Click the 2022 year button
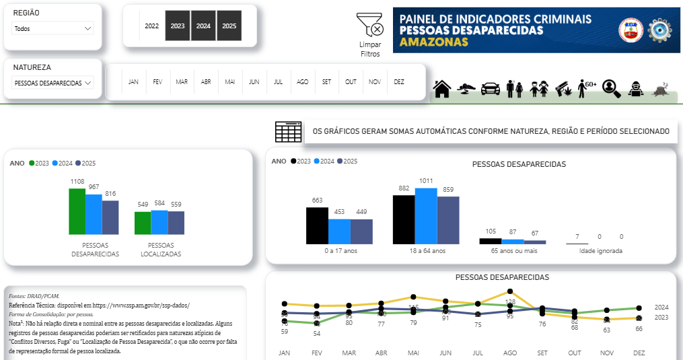click(152, 26)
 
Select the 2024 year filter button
click(203, 26)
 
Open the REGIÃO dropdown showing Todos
click(52, 29)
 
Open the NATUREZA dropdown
click(52, 83)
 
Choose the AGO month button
click(303, 82)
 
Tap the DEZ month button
click(399, 82)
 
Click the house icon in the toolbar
click(442, 89)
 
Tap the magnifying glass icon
click(611, 88)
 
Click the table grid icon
click(288, 132)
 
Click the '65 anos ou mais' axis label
click(513, 251)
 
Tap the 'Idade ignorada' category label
click(600, 251)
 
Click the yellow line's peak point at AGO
click(510, 291)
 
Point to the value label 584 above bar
click(159, 203)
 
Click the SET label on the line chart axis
click(542, 353)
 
